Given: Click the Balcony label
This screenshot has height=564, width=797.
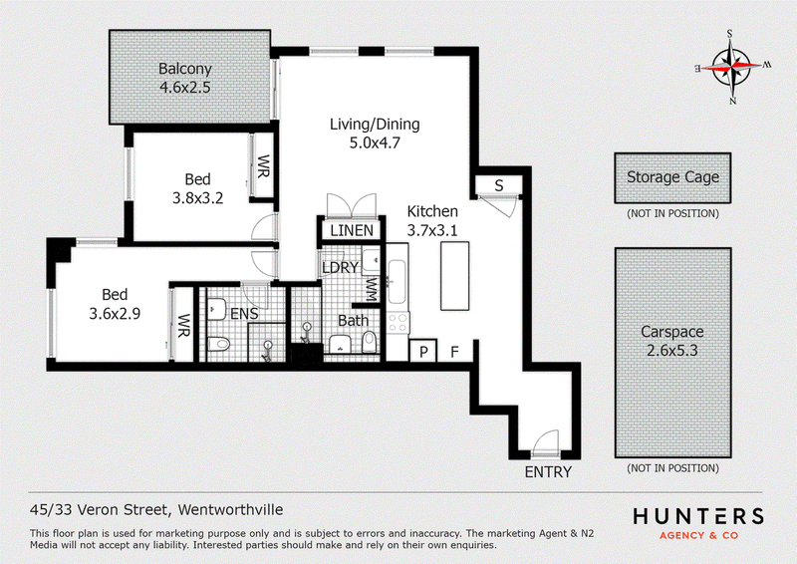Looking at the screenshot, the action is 185,69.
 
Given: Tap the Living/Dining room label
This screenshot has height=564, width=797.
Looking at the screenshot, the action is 375,125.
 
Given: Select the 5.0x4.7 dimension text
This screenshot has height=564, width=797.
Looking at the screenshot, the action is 375,142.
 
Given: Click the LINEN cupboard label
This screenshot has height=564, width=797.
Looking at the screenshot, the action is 352,231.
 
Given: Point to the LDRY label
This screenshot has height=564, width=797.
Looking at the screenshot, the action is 341,267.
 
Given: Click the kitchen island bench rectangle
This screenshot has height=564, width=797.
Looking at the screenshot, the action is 455,276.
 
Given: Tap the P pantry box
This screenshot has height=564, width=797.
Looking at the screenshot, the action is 423,351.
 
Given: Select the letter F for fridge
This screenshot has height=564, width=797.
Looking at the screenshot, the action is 454,351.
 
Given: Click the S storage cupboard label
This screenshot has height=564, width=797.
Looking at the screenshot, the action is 499,185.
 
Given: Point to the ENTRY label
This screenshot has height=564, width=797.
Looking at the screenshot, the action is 548,472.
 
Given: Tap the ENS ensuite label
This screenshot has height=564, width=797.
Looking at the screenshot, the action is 244,314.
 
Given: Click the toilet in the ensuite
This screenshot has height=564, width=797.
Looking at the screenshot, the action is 219,344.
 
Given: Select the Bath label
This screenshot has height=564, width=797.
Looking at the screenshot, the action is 354,321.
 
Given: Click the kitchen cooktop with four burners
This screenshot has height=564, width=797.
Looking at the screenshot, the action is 398,323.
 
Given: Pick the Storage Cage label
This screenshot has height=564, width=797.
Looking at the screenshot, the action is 672,177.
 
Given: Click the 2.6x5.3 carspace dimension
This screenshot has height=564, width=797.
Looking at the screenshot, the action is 672,351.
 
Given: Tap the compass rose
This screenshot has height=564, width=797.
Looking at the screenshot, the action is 732,67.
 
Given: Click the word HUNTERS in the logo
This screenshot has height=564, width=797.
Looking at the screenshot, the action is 698,517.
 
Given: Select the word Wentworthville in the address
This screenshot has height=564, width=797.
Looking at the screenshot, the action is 231,509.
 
